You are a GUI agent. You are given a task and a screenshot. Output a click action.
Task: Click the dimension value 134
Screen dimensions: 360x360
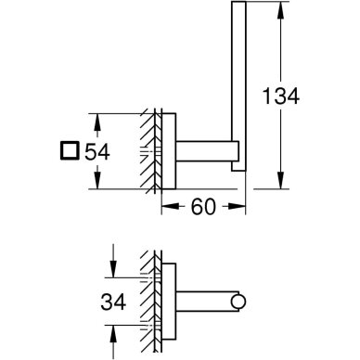point(281,96)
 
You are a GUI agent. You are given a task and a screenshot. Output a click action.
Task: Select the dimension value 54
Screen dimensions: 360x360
point(97,151)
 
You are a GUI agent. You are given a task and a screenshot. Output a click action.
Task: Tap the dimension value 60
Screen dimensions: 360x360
point(203,207)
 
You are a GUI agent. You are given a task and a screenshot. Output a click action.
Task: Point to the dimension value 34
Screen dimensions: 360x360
point(113,302)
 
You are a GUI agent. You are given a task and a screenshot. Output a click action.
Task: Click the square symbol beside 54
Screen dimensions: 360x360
point(70,151)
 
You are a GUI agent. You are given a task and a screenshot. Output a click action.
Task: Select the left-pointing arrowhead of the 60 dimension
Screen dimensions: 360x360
point(171,206)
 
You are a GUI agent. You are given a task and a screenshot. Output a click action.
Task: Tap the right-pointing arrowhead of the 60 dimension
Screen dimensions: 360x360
point(238,206)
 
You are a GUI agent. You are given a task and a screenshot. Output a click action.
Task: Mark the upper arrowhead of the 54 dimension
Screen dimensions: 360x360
point(97,122)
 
